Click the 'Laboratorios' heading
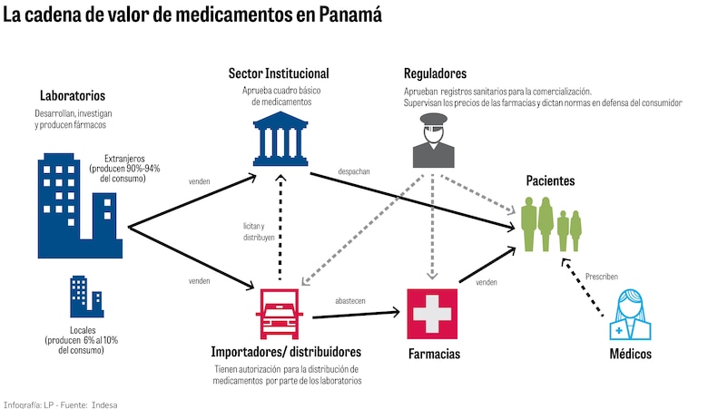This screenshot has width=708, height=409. pos(73,95)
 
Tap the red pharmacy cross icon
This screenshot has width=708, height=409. pos(432,313)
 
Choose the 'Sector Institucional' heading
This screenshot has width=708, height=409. pos(279,73)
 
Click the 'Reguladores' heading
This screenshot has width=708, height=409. pos(436,73)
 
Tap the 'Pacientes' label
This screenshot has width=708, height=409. pos(550,181)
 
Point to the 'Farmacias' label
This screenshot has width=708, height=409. pos(433,353)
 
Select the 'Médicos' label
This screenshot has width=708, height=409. pos(629,354)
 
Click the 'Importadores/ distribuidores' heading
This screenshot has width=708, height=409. pos(285,351)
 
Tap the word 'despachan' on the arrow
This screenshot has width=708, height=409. pos(354,171)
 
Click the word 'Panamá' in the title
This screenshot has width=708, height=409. pos(341,15)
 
